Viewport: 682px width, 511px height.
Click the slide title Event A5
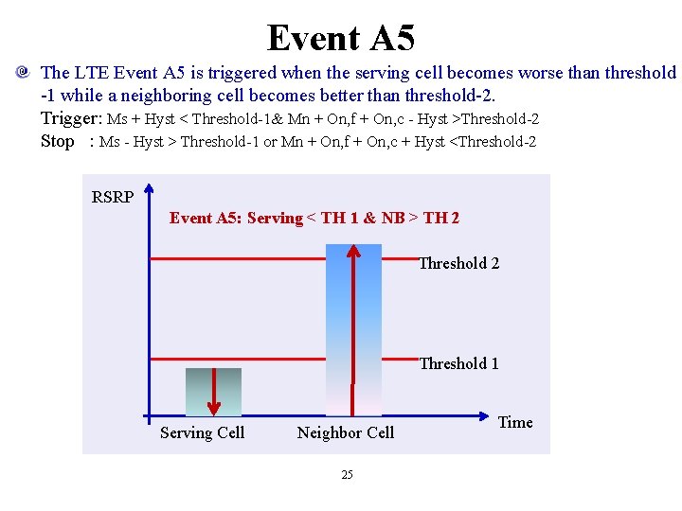click(341, 38)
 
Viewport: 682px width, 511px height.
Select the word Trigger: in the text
click(71, 118)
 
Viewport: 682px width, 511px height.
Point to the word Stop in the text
click(57, 141)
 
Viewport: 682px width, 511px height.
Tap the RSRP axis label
click(112, 197)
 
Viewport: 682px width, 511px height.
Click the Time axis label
click(515, 422)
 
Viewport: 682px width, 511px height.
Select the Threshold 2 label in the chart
click(458, 263)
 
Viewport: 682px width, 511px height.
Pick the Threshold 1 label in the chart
click(458, 363)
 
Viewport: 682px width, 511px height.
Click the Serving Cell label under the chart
click(202, 432)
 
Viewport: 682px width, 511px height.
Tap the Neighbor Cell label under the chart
click(346, 432)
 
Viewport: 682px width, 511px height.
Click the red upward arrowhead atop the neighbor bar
click(353, 252)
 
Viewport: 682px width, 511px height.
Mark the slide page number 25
click(347, 474)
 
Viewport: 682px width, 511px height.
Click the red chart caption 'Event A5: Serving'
click(235, 219)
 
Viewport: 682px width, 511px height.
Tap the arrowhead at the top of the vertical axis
click(149, 202)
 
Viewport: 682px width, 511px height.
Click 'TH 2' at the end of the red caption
click(441, 219)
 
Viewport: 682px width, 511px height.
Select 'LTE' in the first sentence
click(90, 73)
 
